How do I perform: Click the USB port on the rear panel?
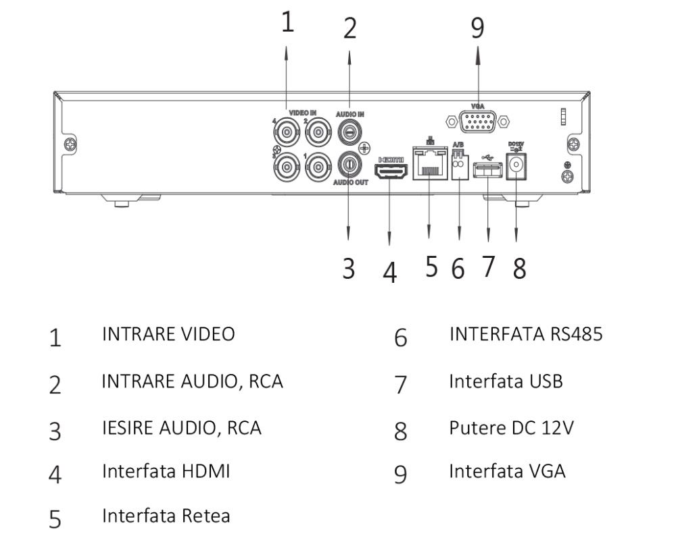487,173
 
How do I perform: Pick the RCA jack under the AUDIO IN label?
349,132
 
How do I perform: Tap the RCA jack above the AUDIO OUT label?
349,163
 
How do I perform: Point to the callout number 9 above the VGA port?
478,27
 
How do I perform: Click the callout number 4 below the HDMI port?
390,271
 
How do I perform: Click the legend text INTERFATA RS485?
525,334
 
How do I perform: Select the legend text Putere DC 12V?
511,427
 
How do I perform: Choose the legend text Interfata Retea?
166,516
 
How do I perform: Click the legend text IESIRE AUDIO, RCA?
181,427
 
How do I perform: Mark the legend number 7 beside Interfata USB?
401,384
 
